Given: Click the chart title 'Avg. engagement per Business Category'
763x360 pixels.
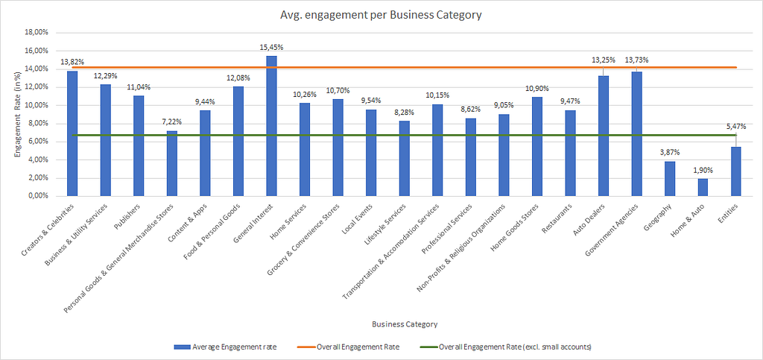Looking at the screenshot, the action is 381,15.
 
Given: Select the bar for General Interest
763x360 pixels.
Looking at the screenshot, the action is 271,126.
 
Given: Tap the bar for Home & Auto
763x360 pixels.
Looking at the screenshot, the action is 703,187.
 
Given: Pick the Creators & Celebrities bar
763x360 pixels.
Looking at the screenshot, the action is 72,133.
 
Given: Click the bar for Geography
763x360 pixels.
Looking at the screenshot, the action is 670,179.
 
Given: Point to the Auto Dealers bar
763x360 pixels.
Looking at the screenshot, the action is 604,136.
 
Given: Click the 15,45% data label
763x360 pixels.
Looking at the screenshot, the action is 271,47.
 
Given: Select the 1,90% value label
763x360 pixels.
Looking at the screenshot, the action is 703,170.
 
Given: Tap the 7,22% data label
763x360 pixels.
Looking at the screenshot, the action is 172,122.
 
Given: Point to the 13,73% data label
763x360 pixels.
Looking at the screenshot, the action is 637,60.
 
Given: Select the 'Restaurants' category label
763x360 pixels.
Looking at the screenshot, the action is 558,216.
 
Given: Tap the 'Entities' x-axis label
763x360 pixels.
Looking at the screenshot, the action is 729,212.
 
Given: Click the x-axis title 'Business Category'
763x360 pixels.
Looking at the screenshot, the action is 405,324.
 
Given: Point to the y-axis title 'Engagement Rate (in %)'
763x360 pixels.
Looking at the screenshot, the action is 18,114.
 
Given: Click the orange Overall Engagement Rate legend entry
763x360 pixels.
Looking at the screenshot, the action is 349,347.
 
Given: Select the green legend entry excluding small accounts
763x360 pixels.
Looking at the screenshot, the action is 505,347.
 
